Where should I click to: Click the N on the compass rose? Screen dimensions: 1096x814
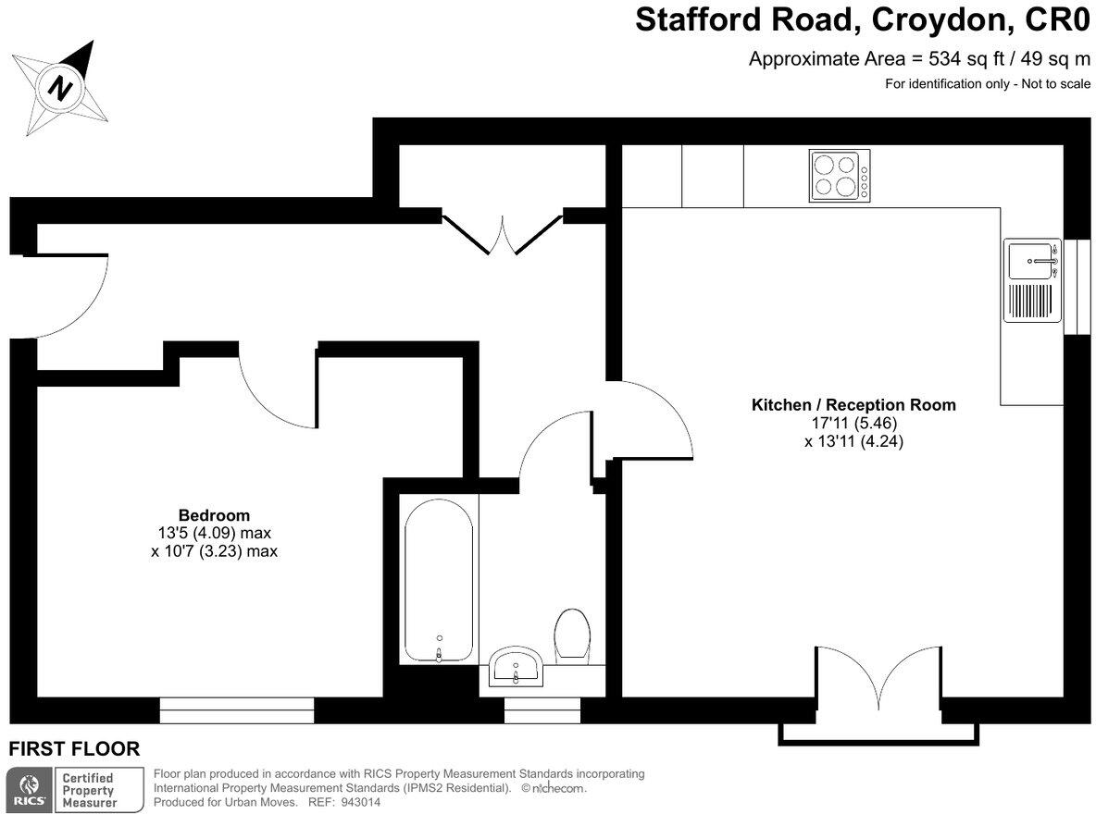61,89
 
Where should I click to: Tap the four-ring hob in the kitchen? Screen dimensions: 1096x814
840,176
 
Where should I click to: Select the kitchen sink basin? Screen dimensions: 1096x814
1031,260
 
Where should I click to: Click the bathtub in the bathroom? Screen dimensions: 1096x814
439,581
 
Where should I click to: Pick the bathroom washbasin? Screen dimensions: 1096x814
516,666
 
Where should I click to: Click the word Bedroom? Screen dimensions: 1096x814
214,515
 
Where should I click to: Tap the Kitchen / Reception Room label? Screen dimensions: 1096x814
853,404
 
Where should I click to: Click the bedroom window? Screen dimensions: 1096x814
237,709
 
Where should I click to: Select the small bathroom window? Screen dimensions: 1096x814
542,709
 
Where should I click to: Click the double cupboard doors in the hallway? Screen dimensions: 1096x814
503,234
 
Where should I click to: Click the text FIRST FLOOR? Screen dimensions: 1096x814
74,749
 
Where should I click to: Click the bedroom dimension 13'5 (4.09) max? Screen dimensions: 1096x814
215,533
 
